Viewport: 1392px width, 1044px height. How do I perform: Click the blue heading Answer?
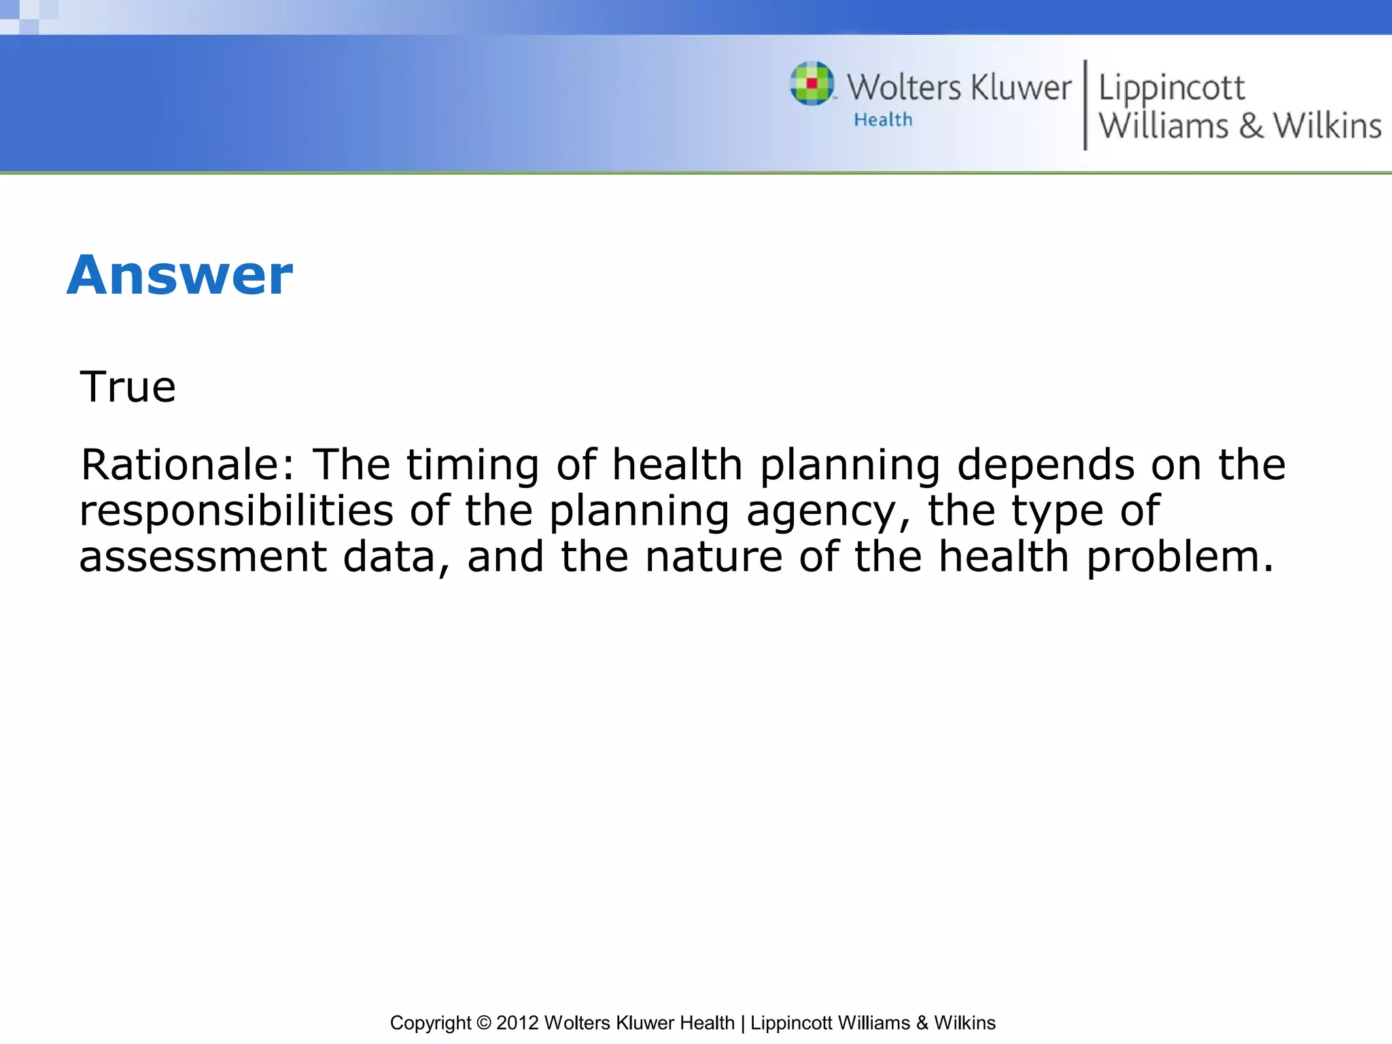(x=179, y=275)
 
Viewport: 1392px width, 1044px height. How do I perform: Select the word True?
(x=128, y=387)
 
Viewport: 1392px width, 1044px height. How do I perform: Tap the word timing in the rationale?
(x=472, y=466)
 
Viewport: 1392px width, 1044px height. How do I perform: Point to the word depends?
(x=1045, y=466)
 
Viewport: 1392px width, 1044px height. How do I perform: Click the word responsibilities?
(x=236, y=511)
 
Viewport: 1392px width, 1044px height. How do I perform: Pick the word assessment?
(x=203, y=557)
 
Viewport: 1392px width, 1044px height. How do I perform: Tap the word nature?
(x=714, y=557)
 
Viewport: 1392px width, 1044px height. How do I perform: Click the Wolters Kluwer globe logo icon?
(x=812, y=84)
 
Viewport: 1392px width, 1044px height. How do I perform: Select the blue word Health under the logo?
(x=883, y=120)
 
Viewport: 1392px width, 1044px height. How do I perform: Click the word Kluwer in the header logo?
(x=1021, y=88)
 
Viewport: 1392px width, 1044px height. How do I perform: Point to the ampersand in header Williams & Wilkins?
(x=1251, y=126)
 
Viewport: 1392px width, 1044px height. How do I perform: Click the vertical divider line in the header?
(x=1085, y=105)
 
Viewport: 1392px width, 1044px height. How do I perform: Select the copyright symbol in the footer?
(x=483, y=1023)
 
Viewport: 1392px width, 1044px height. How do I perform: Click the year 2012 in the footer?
(x=517, y=1023)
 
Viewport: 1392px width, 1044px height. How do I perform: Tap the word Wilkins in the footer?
(x=964, y=1023)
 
